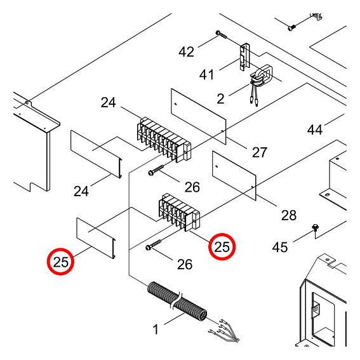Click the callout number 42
[186, 51]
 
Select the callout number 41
[206, 75]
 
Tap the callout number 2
[220, 98]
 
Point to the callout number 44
[315, 130]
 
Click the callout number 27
[260, 152]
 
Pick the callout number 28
[289, 215]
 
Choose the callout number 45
[280, 247]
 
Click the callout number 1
[156, 330]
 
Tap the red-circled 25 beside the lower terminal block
[222, 247]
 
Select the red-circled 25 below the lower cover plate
[60, 262]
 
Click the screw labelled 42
[222, 35]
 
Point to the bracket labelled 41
[244, 57]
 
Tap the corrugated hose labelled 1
[177, 301]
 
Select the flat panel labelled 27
[199, 116]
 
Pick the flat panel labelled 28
[234, 176]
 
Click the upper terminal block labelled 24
[164, 140]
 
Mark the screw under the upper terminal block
[156, 170]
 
